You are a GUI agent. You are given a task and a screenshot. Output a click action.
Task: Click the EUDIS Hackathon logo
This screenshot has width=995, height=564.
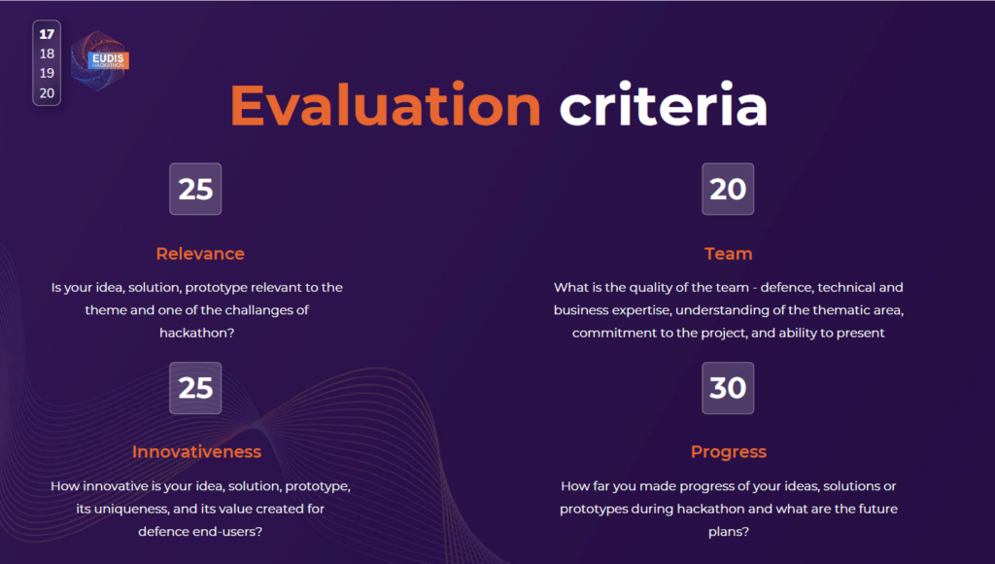click(100, 61)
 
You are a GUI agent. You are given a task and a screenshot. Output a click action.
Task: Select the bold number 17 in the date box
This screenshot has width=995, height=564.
click(47, 34)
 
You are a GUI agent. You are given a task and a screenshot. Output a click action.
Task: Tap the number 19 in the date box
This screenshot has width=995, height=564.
click(47, 73)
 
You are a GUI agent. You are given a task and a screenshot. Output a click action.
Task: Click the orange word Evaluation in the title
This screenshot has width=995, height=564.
click(385, 105)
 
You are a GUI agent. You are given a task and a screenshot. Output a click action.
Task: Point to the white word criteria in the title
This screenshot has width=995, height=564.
click(663, 105)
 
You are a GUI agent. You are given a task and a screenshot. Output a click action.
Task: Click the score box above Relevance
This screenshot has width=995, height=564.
click(195, 189)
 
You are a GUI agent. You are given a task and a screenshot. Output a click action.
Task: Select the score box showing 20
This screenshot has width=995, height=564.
click(728, 189)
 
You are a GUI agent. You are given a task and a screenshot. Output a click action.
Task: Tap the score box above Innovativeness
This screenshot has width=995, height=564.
click(195, 388)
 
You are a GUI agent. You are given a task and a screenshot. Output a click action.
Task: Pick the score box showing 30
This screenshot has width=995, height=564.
click(728, 388)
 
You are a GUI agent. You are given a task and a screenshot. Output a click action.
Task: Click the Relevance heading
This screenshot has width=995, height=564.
click(200, 254)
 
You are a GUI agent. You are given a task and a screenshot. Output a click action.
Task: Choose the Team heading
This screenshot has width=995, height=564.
click(729, 254)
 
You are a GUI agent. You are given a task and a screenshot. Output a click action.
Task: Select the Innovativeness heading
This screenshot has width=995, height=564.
click(196, 451)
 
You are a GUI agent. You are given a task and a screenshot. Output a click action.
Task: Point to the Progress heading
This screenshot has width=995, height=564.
click(729, 452)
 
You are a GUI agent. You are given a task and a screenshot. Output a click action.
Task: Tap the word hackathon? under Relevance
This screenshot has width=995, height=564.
click(196, 333)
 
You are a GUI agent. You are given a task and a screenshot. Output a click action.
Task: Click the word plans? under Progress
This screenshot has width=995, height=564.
click(729, 532)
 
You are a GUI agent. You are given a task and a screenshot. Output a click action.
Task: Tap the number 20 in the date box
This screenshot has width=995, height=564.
click(47, 93)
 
